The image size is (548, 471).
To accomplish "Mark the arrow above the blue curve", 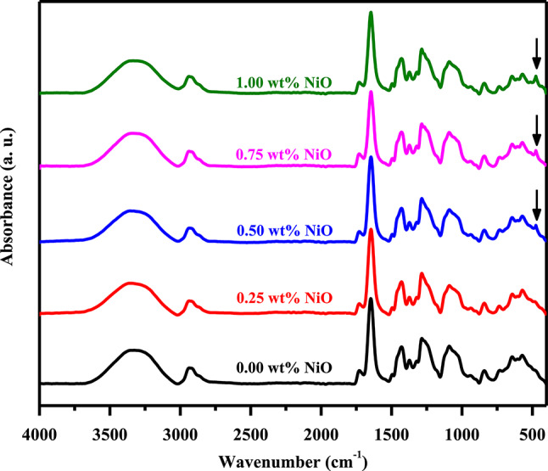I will tap(536, 204).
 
